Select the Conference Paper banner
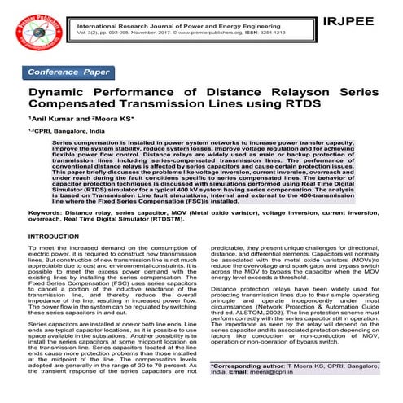tap(68, 72)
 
